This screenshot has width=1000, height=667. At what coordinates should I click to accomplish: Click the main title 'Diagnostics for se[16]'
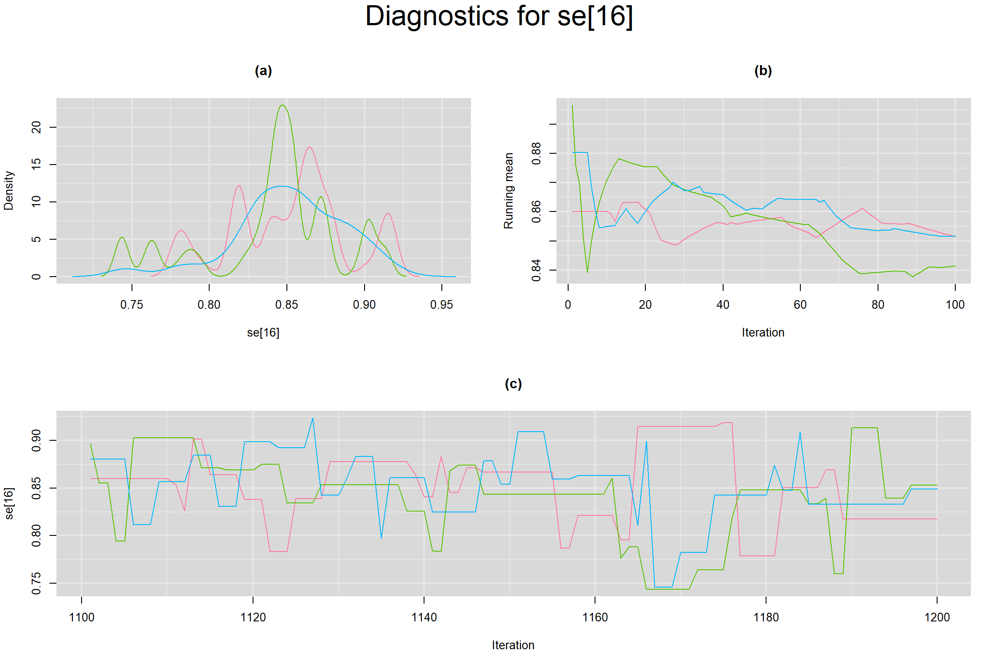coord(499,17)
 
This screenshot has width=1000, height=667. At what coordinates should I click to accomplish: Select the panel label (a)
coord(263,70)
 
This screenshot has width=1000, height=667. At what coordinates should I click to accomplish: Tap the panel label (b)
coord(763,70)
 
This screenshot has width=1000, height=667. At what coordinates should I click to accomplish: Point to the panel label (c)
coord(513,383)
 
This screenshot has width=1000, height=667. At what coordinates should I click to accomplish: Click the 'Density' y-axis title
coord(9,191)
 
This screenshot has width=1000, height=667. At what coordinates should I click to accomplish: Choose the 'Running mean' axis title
coord(508,191)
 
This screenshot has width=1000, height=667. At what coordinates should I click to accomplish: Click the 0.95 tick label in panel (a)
coord(441,305)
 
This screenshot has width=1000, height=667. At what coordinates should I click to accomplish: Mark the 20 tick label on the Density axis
coord(36,127)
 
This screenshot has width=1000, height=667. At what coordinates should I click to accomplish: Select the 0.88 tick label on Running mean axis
coord(536,153)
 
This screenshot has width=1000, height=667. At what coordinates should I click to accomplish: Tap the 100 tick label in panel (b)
coord(955,305)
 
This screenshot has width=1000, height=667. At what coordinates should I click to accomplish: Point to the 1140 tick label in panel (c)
coord(424,617)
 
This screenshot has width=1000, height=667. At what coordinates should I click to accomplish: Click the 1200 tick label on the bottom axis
coord(937,617)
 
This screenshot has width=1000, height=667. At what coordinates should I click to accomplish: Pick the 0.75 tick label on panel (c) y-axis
coord(36,583)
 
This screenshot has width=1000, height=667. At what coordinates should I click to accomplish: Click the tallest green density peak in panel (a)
coord(283,106)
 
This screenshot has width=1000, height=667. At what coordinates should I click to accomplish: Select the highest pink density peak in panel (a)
coord(309,147)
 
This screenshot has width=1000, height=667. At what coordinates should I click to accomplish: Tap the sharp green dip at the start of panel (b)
coord(587,272)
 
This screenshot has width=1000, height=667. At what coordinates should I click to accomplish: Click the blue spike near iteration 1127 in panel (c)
coord(312,419)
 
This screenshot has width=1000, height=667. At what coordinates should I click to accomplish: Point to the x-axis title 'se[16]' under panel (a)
coord(263,333)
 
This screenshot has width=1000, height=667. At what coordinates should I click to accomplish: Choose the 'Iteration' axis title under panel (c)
coord(513,645)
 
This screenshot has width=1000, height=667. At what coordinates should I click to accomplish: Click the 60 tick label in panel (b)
coord(800,305)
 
